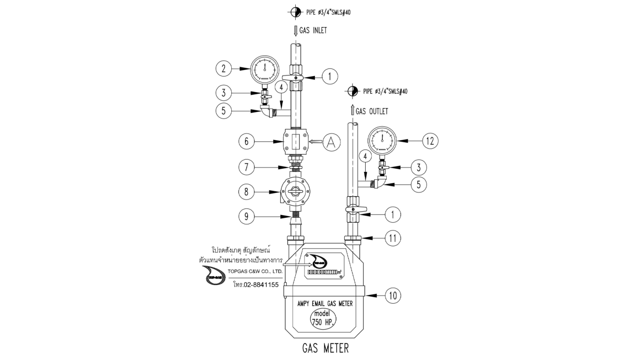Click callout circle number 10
[x=392, y=296]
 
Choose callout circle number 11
[x=392, y=238]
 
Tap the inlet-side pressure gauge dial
[x=265, y=68]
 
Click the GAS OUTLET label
[x=372, y=111]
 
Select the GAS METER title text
[x=325, y=348]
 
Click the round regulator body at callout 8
[x=296, y=193]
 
